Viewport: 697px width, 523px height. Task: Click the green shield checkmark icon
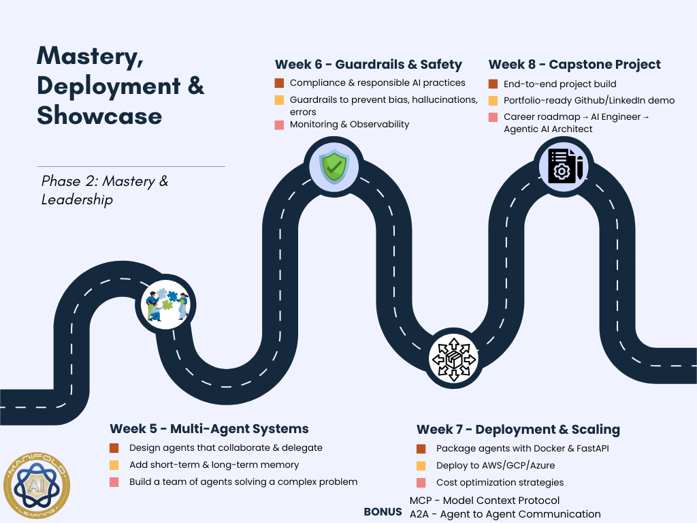(334, 165)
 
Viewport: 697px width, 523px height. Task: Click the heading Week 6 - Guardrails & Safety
(368, 65)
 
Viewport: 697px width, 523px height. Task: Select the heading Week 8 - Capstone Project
(574, 65)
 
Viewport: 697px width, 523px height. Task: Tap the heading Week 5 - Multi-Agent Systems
(209, 428)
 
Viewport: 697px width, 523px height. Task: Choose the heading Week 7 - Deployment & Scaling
(518, 429)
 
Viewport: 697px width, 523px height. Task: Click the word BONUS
(383, 511)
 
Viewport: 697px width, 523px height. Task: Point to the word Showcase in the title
(99, 115)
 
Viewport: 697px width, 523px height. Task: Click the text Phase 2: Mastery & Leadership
(105, 190)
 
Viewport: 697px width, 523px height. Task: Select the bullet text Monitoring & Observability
(349, 124)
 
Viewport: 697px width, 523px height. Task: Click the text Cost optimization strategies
(500, 482)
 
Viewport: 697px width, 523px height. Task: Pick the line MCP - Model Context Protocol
(485, 501)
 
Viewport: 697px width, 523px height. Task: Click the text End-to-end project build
(560, 84)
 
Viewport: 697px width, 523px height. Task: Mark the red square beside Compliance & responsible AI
(279, 83)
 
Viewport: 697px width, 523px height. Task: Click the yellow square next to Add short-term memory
(114, 465)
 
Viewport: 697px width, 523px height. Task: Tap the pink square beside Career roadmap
(493, 117)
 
